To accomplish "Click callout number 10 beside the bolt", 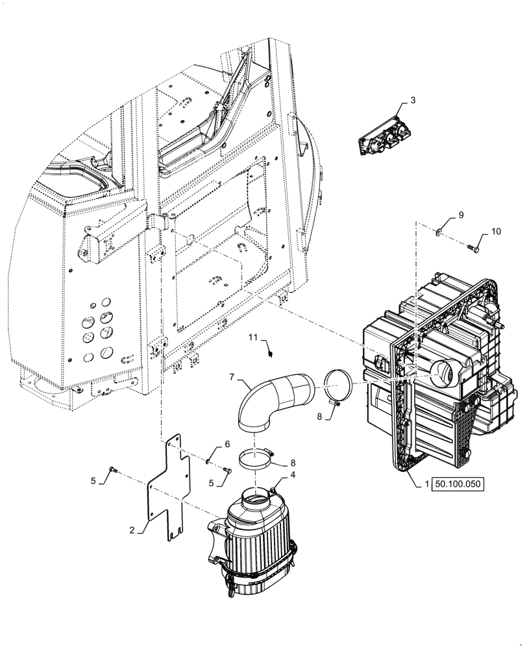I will pos(495,230).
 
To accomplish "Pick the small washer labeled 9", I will pos(439,232).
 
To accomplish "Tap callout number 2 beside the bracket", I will pos(132,530).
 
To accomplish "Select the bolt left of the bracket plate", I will pos(114,469).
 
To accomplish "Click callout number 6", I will pos(227,444).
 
